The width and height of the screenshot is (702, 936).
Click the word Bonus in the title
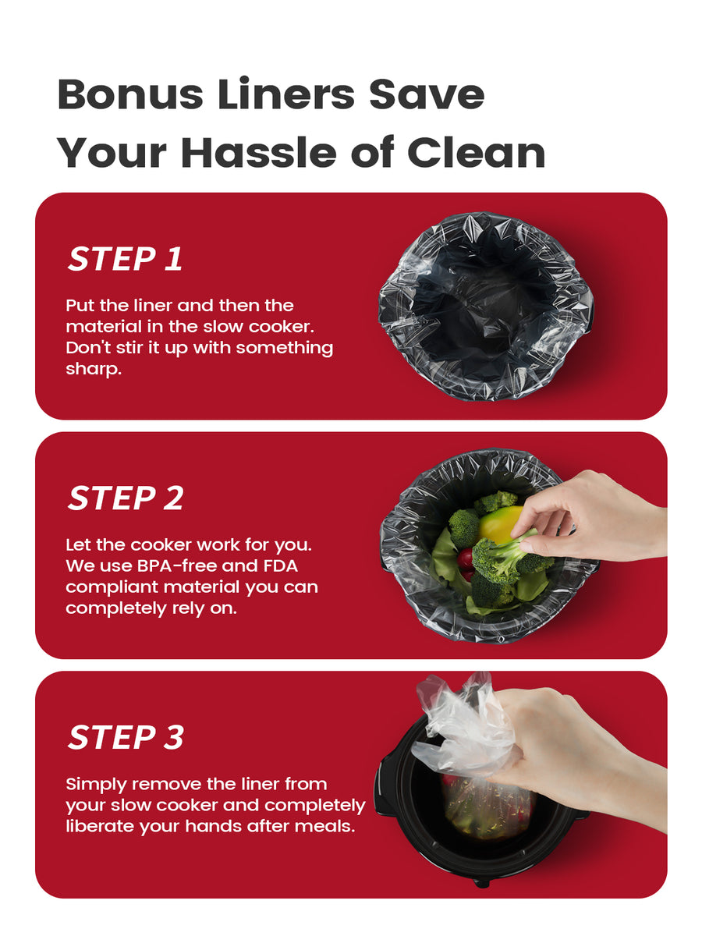129,94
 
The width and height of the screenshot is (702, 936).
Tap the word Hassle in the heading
258,153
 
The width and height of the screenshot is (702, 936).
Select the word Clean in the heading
476,153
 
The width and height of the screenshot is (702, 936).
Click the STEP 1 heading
125,259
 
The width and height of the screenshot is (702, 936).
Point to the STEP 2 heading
126,498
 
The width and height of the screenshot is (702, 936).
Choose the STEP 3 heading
126,737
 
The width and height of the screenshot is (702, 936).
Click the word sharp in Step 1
94,369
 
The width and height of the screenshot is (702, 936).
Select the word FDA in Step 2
281,565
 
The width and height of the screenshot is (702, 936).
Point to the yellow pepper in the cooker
498,523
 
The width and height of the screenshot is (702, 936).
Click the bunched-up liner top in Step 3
465,725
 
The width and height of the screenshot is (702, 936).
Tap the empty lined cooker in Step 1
486,307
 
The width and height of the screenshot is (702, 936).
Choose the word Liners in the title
286,94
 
